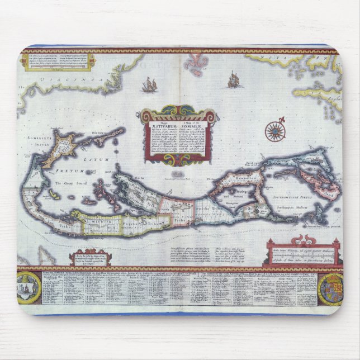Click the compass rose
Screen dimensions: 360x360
pos(275,131)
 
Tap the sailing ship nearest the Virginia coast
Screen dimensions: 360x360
pos(149,85)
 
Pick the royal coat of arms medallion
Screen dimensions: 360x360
pos(330,289)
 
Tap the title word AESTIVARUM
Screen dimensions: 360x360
pos(162,128)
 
